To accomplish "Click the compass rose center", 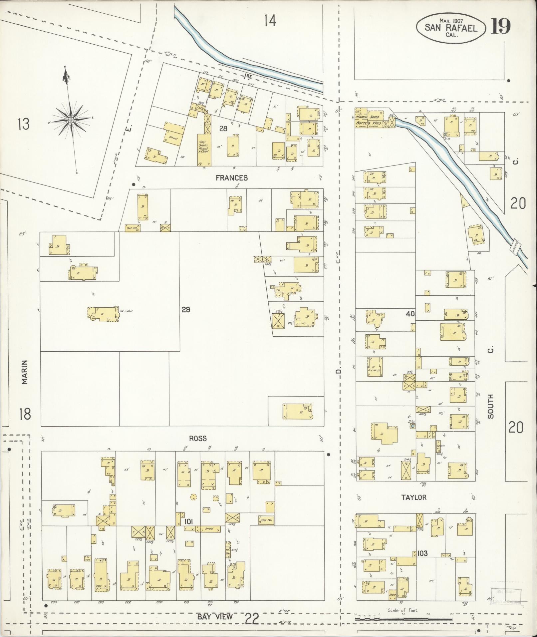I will pos(71,120).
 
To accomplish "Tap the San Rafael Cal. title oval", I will pos(450,28).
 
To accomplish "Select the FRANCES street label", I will pos(232,178).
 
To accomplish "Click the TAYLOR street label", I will pos(413,497).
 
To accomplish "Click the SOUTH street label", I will pos(490,406).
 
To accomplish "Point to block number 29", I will pos(186,310).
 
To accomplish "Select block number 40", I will pos(410,314).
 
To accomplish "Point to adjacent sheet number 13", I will pos(24,124).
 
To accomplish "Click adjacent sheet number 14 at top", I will pos(270,21).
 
